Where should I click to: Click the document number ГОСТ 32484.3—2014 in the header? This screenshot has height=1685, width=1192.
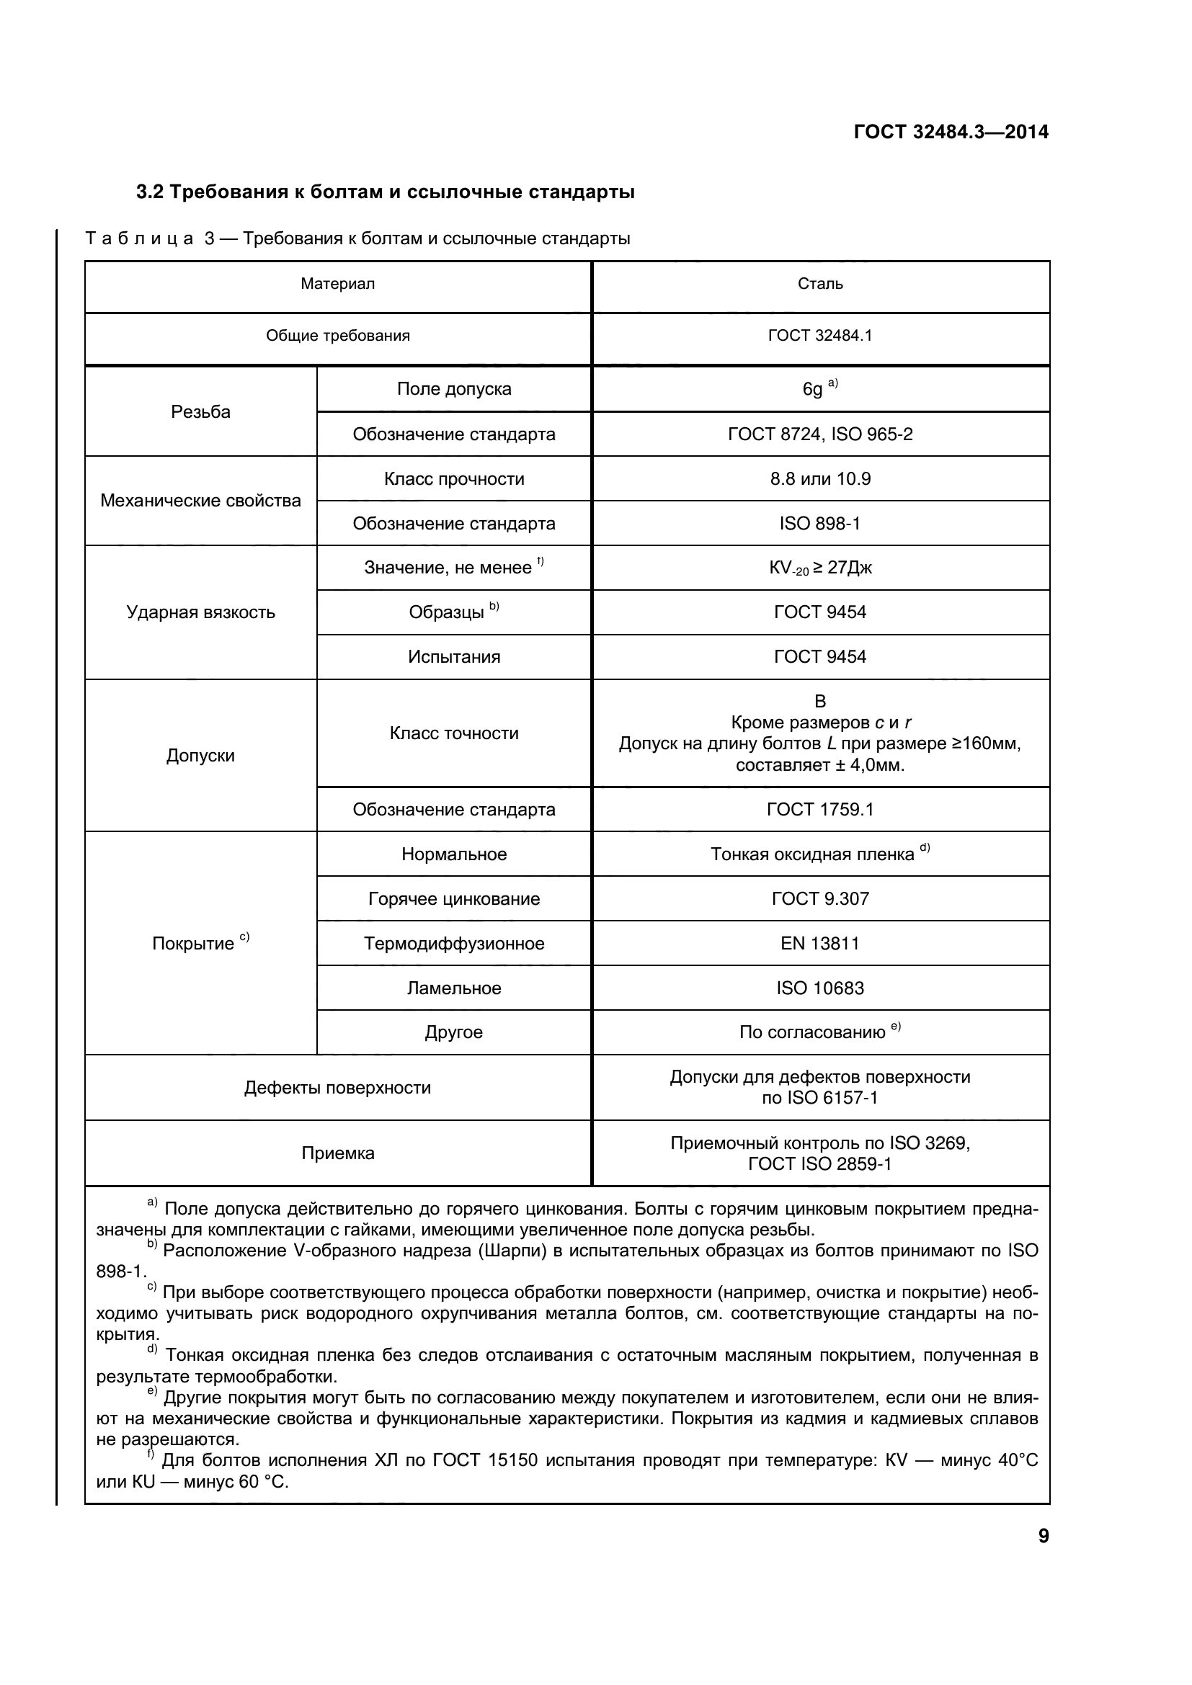[951, 132]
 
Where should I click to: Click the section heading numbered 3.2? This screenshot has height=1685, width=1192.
[386, 192]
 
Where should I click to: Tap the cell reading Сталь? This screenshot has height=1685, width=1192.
[820, 284]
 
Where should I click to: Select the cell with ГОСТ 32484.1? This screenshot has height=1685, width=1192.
[820, 336]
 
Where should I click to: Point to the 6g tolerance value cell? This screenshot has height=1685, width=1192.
[820, 388]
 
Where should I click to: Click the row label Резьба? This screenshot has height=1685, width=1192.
[200, 412]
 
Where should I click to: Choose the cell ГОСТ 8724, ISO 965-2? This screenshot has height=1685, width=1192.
[820, 434]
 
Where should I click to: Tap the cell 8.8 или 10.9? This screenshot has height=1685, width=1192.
[820, 479]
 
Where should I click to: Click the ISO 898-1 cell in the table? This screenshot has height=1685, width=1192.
[820, 523]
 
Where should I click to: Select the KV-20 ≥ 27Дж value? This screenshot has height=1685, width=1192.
[820, 568]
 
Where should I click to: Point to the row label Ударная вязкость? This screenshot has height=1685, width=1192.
[200, 612]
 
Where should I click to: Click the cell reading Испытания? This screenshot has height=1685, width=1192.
[453, 657]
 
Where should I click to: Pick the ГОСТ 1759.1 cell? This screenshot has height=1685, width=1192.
[820, 810]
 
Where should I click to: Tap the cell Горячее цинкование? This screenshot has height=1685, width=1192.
[453, 899]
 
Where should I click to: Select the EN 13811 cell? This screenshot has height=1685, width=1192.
[820, 943]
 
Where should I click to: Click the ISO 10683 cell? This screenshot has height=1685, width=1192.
[820, 988]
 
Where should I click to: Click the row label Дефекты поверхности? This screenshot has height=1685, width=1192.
[337, 1088]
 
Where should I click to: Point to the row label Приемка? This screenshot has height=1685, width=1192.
[337, 1153]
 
